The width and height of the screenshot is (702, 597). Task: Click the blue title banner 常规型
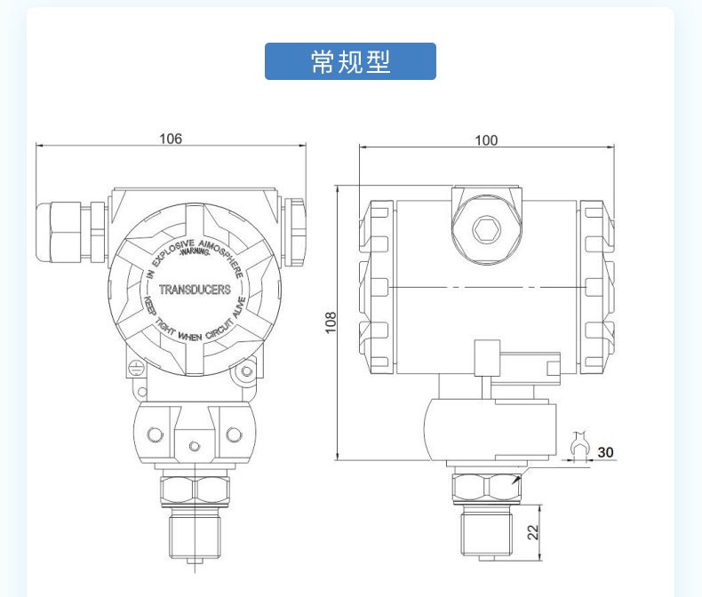click(x=350, y=61)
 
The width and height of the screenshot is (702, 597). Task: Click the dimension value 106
click(x=171, y=139)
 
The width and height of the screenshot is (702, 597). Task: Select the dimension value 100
click(x=486, y=140)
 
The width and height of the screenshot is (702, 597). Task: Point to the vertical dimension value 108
click(x=331, y=322)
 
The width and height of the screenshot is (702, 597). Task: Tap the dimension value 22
click(x=533, y=532)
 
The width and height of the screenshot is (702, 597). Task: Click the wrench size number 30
click(x=605, y=452)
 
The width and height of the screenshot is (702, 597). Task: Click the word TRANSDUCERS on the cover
click(x=195, y=290)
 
